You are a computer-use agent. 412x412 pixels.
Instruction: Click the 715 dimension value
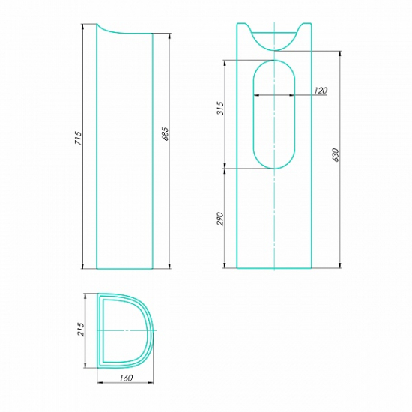coord(79,138)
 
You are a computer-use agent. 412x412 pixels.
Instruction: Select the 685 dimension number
coord(166,134)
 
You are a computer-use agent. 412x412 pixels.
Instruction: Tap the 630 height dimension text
coord(336,155)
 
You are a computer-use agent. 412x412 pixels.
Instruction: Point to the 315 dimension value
coord(220,109)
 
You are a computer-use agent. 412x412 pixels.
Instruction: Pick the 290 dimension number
coord(220,219)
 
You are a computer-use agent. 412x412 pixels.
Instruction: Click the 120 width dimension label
coord(321,91)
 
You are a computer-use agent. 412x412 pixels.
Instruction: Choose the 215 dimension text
coord(81,330)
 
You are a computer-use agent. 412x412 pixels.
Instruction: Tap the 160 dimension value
coord(126,378)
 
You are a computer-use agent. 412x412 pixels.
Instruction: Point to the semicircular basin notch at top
coord(274,49)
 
